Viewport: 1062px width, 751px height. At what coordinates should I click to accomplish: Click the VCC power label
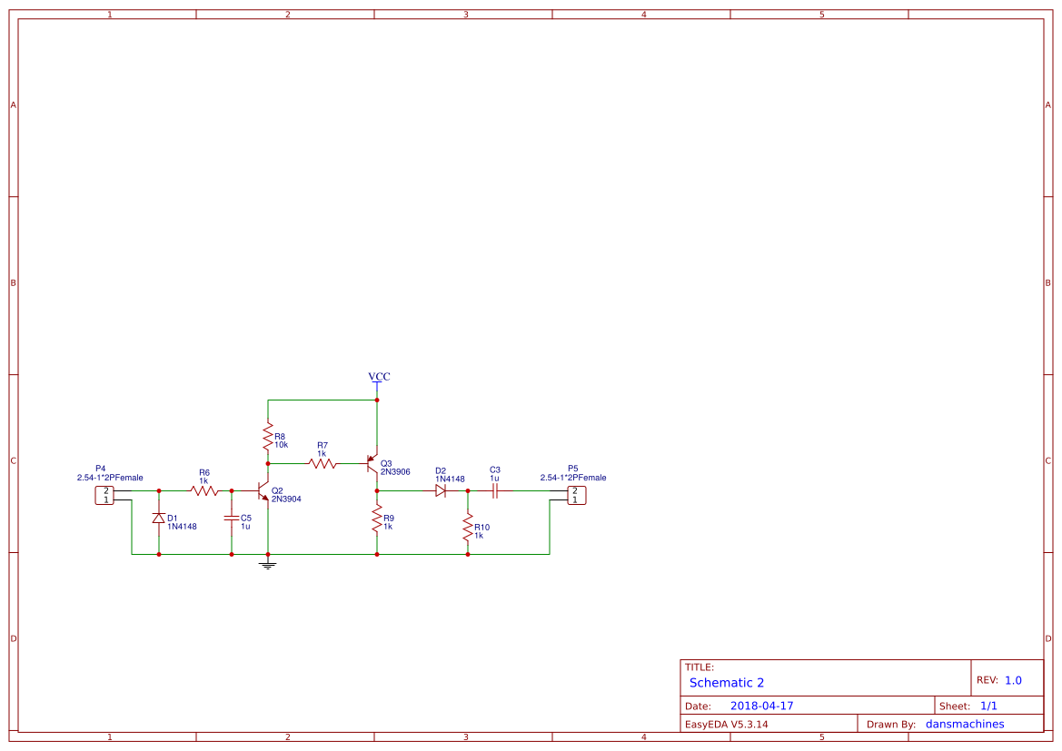pyautogui.click(x=379, y=377)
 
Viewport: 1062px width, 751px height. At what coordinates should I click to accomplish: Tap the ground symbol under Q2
pyautogui.click(x=268, y=566)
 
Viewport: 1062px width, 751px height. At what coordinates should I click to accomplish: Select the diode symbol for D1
pyautogui.click(x=159, y=519)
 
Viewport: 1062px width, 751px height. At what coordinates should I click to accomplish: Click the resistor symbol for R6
pyautogui.click(x=204, y=491)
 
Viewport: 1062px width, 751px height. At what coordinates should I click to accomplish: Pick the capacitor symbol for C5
pyautogui.click(x=232, y=519)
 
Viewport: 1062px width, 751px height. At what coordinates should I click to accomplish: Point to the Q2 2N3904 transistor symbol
pyautogui.click(x=263, y=491)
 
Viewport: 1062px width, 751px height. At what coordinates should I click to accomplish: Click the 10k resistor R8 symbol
pyautogui.click(x=268, y=432)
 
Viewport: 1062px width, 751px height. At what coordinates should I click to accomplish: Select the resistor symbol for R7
pyautogui.click(x=323, y=463)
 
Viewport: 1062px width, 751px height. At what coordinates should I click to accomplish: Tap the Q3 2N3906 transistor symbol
pyautogui.click(x=372, y=463)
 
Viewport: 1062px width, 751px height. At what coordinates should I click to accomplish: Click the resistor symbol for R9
pyautogui.click(x=377, y=519)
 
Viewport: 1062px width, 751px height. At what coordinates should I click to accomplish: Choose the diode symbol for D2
pyautogui.click(x=441, y=490)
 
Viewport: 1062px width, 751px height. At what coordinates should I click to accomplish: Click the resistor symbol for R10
pyautogui.click(x=468, y=529)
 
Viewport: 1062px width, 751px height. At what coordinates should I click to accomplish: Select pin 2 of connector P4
pyautogui.click(x=106, y=490)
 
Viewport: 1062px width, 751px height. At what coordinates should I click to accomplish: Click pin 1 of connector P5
pyautogui.click(x=574, y=499)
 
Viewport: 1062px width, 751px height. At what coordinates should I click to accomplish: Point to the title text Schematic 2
pyautogui.click(x=727, y=683)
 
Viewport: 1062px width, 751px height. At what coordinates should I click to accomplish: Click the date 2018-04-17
pyautogui.click(x=761, y=706)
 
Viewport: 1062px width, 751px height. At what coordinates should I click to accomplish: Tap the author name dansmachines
pyautogui.click(x=965, y=724)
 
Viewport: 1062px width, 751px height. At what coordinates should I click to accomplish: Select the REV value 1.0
pyautogui.click(x=1013, y=680)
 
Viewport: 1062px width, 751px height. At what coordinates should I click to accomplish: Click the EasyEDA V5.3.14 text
pyautogui.click(x=726, y=724)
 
